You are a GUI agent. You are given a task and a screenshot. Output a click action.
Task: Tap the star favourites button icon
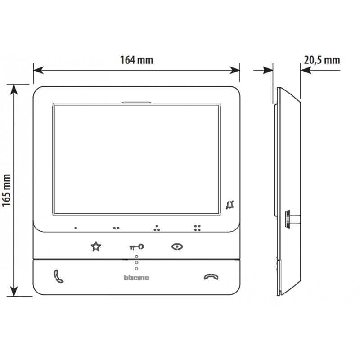pyautogui.click(x=96, y=246)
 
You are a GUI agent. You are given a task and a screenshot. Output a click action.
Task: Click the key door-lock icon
pyautogui.click(x=137, y=247)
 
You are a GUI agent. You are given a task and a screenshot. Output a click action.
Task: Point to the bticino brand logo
pyautogui.click(x=136, y=278)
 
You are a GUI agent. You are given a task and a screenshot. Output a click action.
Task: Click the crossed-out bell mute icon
pyautogui.click(x=229, y=206)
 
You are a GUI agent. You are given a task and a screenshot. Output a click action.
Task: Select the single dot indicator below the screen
pyautogui.click(x=76, y=228)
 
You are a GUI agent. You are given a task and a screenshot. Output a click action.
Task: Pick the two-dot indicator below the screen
pyautogui.click(x=116, y=228)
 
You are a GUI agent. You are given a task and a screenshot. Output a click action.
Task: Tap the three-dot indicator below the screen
pyautogui.click(x=157, y=228)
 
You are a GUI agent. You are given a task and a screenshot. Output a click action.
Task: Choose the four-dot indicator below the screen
pyautogui.click(x=197, y=228)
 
